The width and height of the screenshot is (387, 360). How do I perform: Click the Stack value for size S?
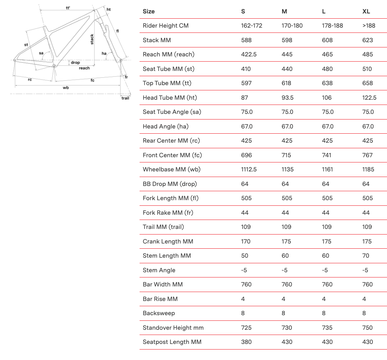pos(246,40)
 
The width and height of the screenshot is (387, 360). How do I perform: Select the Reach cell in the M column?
pos(287,55)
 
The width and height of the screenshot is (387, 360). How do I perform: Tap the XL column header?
pos(366,11)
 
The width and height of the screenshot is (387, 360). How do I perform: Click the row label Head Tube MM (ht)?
pos(170,97)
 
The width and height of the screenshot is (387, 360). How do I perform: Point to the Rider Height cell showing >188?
pos(369,26)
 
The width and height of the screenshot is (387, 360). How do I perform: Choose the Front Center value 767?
pos(368,155)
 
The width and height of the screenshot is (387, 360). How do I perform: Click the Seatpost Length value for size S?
pos(246,342)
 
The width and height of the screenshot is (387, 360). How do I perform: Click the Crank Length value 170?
pos(246,241)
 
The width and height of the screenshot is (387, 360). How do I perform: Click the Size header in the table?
pos(149,11)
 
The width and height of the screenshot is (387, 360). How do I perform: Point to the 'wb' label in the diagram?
pos(66,88)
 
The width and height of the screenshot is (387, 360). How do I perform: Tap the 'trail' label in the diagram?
pos(125,98)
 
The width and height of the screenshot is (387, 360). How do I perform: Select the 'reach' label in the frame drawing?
pos(84,68)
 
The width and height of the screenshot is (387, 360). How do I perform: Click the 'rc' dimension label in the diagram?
pos(30,80)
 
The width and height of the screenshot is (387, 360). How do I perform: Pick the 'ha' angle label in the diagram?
pos(104,53)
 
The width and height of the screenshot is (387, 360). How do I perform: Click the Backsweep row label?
pos(159,313)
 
